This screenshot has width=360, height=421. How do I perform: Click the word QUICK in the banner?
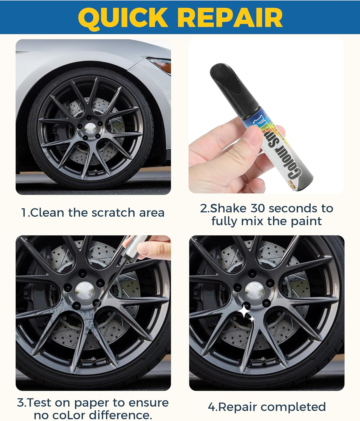click(x=123, y=17)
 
